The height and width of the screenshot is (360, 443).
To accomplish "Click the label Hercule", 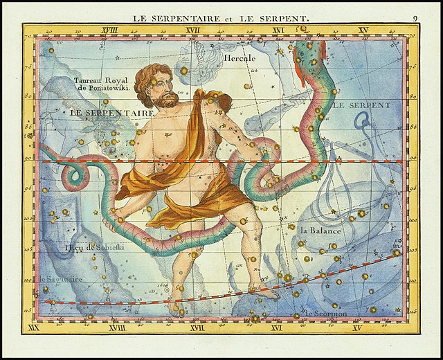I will pyautogui.click(x=239, y=59).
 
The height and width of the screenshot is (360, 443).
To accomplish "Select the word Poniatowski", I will pyautogui.click(x=108, y=89).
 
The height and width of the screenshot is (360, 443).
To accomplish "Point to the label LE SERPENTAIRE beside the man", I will pyautogui.click(x=111, y=112).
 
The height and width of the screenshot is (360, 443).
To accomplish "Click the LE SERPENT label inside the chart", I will pyautogui.click(x=361, y=106).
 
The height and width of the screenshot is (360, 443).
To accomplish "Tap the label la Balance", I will pyautogui.click(x=320, y=231).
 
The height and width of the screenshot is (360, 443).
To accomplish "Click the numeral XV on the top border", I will pyautogui.click(x=363, y=30).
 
